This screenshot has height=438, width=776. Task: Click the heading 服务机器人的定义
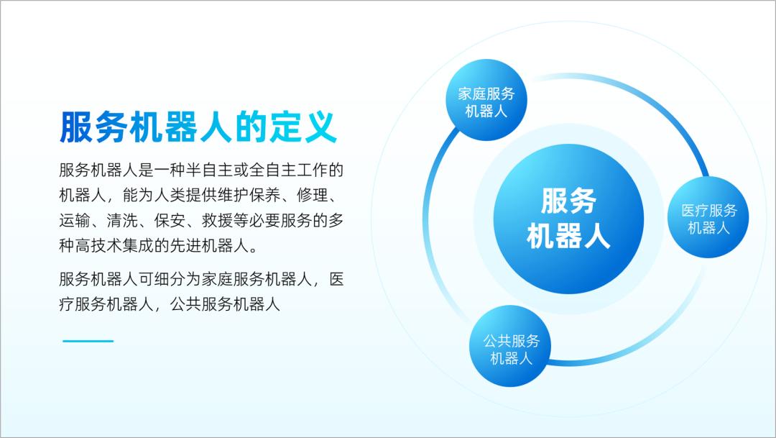[x=198, y=128]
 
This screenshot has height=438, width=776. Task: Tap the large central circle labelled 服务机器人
[x=568, y=219]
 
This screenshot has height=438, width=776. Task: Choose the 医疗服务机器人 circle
[x=708, y=219]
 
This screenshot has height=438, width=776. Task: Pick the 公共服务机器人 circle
[x=511, y=349]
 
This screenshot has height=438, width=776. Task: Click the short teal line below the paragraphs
[x=88, y=341]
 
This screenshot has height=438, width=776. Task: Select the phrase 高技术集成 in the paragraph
[x=115, y=245]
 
